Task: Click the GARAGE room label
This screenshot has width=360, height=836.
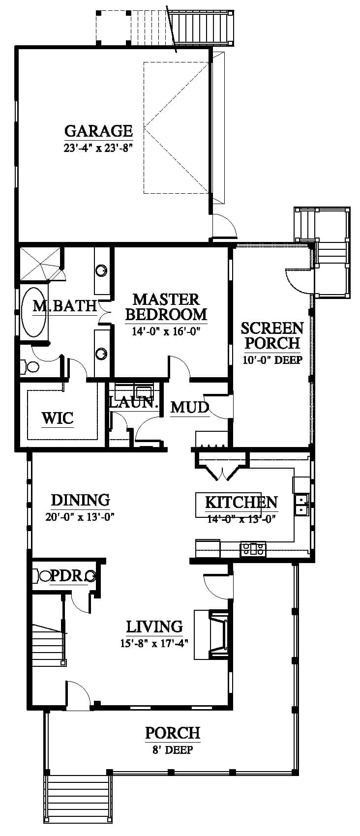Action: point(98,131)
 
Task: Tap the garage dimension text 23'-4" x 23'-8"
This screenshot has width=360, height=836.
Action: point(98,148)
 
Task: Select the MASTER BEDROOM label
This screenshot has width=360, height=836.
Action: point(166,307)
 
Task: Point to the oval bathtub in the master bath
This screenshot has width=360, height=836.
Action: point(34,312)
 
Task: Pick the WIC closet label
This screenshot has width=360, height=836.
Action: point(58,418)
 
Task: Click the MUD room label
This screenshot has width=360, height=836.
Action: point(189,407)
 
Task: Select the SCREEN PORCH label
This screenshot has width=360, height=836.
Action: point(272,335)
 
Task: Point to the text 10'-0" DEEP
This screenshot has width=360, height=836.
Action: point(272,360)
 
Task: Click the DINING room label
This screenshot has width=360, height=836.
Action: point(80,500)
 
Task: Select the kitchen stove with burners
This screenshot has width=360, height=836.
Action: point(253,549)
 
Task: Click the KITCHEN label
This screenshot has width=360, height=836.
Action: point(241,503)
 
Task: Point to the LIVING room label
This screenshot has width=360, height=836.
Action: point(154,627)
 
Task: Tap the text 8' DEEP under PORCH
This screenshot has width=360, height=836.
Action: point(173,750)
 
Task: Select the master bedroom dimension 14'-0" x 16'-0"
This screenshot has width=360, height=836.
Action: point(166,331)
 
